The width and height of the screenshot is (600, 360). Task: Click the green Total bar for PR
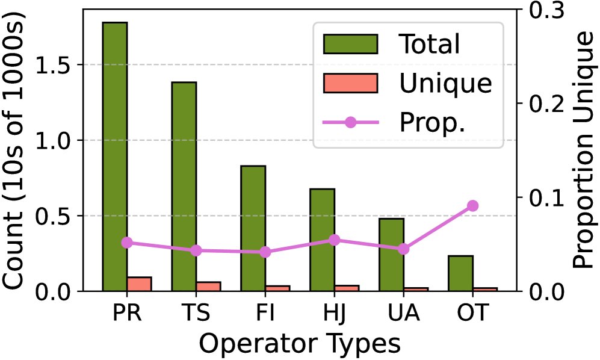(114, 157)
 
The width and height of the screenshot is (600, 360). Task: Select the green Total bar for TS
(184, 187)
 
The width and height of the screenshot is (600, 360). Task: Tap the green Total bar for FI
(253, 228)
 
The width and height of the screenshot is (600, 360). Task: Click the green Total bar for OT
(460, 273)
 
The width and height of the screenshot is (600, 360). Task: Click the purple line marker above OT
(472, 206)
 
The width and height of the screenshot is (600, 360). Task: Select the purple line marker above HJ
(335, 240)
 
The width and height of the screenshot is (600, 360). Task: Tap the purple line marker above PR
(127, 243)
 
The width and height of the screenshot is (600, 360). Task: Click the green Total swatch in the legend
(350, 44)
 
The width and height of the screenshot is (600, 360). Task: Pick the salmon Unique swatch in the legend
(350, 83)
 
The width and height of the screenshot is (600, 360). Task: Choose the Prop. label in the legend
(433, 123)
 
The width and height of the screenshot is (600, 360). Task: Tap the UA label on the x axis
(404, 314)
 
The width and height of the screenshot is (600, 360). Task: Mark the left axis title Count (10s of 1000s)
(16, 151)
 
